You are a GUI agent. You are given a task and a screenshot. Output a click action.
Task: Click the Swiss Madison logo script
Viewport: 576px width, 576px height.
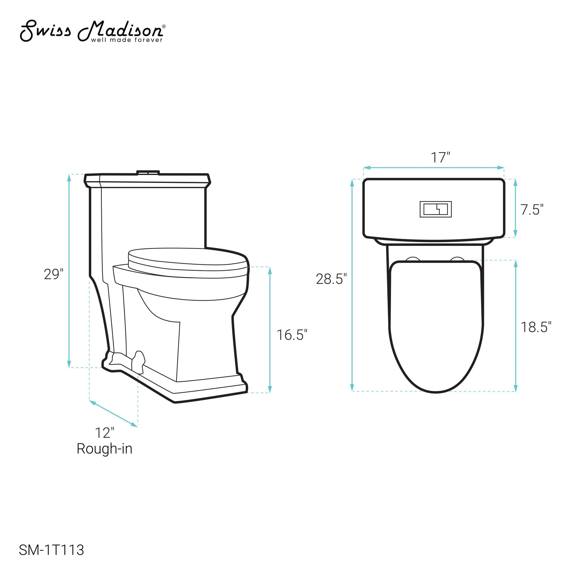(91, 30)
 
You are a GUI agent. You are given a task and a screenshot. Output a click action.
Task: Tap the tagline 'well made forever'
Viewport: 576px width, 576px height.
(127, 40)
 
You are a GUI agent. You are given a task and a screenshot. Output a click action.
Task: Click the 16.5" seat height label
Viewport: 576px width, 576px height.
(292, 335)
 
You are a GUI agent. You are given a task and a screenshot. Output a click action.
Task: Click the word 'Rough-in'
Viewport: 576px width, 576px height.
(104, 449)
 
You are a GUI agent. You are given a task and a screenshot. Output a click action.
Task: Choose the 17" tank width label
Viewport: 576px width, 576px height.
(440, 157)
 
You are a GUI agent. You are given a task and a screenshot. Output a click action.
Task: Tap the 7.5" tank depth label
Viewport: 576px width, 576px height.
(532, 210)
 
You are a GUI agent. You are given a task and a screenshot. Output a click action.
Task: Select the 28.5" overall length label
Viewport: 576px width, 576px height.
(332, 279)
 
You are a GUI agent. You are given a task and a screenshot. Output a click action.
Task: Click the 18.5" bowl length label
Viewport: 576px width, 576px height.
(536, 327)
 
